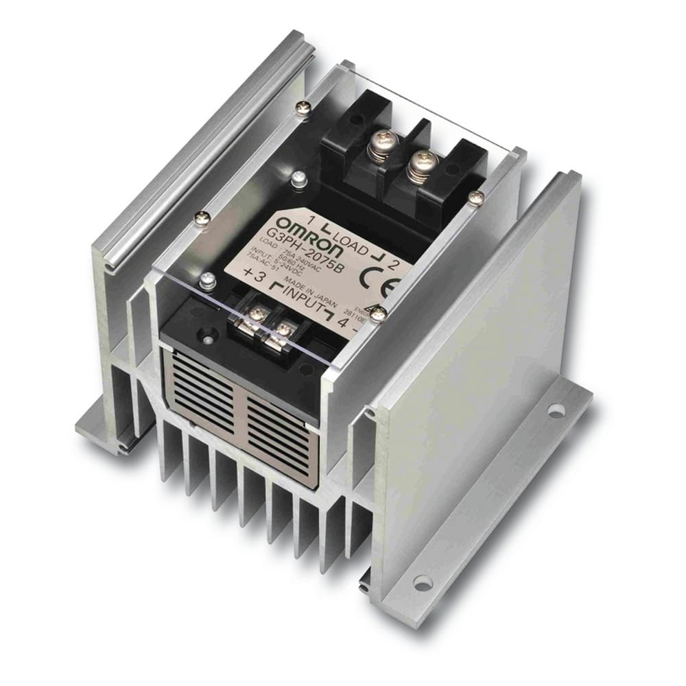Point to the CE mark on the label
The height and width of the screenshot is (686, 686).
386,281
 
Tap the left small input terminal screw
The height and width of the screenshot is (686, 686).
258,314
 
